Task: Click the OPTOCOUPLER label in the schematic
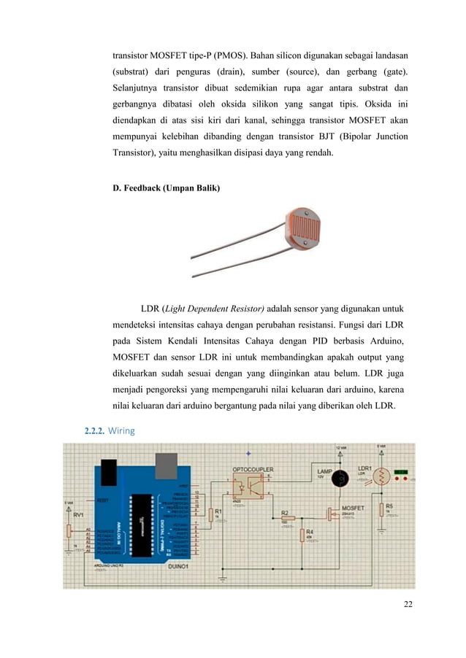coord(253,468)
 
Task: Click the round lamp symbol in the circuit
coord(339,479)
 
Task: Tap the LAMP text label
coord(324,471)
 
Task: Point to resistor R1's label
coord(218,511)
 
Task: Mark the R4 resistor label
coord(310,532)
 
